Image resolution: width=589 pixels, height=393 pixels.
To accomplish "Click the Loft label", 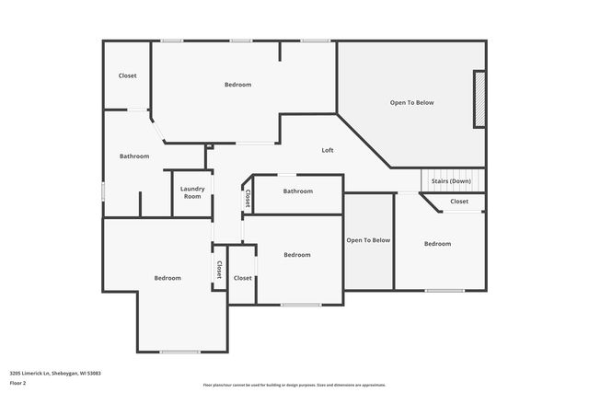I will (x=327, y=151).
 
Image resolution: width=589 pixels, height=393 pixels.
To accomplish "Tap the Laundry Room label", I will (x=191, y=192).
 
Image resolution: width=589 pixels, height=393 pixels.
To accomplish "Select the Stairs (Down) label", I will (x=451, y=181).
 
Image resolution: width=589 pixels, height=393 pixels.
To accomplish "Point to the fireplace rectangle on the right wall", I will (x=479, y=99).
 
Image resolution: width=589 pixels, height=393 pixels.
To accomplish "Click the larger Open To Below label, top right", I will (x=411, y=102).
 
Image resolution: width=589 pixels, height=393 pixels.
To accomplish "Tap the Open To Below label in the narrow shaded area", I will (x=368, y=240).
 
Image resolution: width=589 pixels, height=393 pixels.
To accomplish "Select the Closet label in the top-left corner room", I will (x=128, y=75).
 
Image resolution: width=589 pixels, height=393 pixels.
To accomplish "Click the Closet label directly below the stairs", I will (x=458, y=202).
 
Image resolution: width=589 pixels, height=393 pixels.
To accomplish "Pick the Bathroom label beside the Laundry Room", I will (x=134, y=156).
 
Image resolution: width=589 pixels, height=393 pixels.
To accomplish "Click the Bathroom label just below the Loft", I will (x=297, y=191).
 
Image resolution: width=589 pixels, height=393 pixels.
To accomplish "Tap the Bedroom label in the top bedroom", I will (x=237, y=85).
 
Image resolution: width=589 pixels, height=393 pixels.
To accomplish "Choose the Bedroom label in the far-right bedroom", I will (x=437, y=244).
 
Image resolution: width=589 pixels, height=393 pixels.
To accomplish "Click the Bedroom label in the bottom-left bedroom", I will (x=167, y=278).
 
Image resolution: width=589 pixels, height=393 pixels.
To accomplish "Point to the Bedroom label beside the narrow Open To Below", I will (x=296, y=255).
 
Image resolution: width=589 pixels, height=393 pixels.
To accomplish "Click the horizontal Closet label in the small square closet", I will (x=243, y=277).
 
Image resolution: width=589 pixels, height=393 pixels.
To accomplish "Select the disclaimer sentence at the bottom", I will (x=294, y=385).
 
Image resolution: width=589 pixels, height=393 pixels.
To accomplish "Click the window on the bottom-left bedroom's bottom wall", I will (x=179, y=352).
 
